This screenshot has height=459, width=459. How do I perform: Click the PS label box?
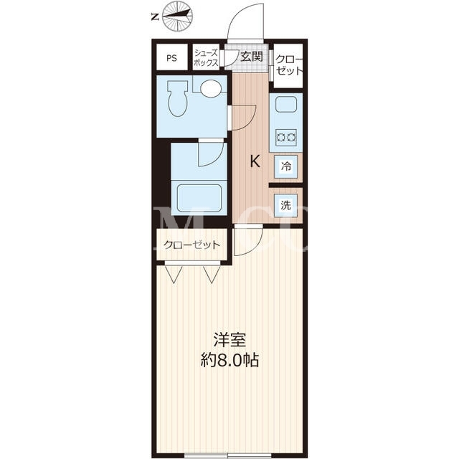(172, 57)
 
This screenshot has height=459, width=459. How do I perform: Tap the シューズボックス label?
(206, 57)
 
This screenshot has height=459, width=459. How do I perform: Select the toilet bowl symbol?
(177, 99)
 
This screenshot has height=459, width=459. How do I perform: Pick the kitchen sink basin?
(286, 104)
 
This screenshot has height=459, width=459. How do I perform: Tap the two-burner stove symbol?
(286, 137)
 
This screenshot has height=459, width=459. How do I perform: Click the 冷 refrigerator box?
(285, 166)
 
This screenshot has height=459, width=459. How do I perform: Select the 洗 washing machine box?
(285, 205)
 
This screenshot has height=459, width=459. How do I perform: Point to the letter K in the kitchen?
(255, 161)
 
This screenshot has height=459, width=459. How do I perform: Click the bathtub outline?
(199, 198)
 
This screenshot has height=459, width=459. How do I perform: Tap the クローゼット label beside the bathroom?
(191, 245)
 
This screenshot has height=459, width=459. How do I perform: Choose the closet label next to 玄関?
(288, 65)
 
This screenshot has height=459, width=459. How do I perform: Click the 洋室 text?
(229, 340)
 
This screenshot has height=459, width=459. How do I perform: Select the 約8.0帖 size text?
(229, 360)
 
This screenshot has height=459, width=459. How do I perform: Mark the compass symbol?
(177, 17)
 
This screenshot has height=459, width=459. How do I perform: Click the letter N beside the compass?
(155, 17)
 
